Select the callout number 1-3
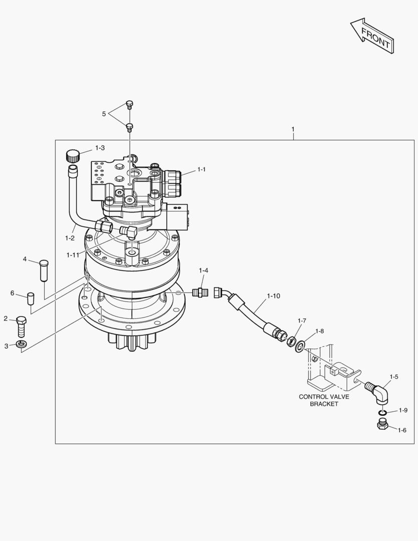point(99,148)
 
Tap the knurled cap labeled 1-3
point(73,155)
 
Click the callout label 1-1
point(201,170)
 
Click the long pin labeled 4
point(44,270)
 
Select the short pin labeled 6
point(31,299)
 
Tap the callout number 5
point(104,114)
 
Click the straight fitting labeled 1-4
point(200,292)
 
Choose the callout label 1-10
point(273,296)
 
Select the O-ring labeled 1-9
point(382,412)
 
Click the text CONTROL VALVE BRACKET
point(324,400)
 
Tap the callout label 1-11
point(73,255)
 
